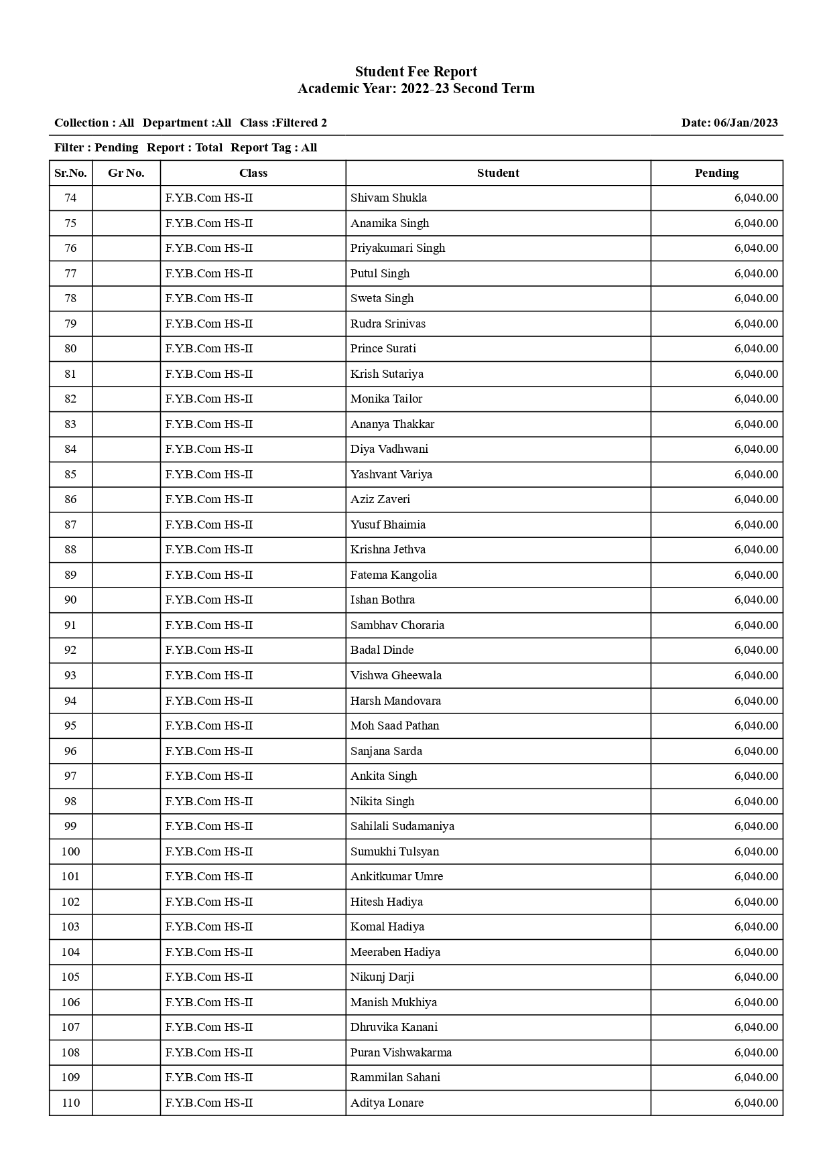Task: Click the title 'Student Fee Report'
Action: (x=415, y=72)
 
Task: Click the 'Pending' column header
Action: (x=716, y=173)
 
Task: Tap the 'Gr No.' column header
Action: (x=126, y=173)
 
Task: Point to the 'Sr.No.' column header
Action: (x=70, y=173)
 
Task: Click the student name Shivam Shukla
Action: (x=388, y=198)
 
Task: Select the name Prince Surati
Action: (x=383, y=348)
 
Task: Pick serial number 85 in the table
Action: (x=70, y=474)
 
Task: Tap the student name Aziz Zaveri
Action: (x=380, y=499)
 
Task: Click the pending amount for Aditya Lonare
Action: (x=755, y=1103)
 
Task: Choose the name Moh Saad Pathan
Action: (x=395, y=725)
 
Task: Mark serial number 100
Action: (x=70, y=851)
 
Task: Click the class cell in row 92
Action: (x=208, y=650)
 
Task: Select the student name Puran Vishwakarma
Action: (x=401, y=1052)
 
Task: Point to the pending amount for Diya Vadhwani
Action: (x=755, y=449)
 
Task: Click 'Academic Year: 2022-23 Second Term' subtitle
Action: (x=415, y=88)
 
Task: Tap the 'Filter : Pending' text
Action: (x=96, y=147)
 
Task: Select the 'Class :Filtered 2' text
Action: (x=283, y=123)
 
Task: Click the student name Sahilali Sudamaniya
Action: (x=402, y=826)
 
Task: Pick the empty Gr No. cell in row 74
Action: (x=126, y=198)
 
